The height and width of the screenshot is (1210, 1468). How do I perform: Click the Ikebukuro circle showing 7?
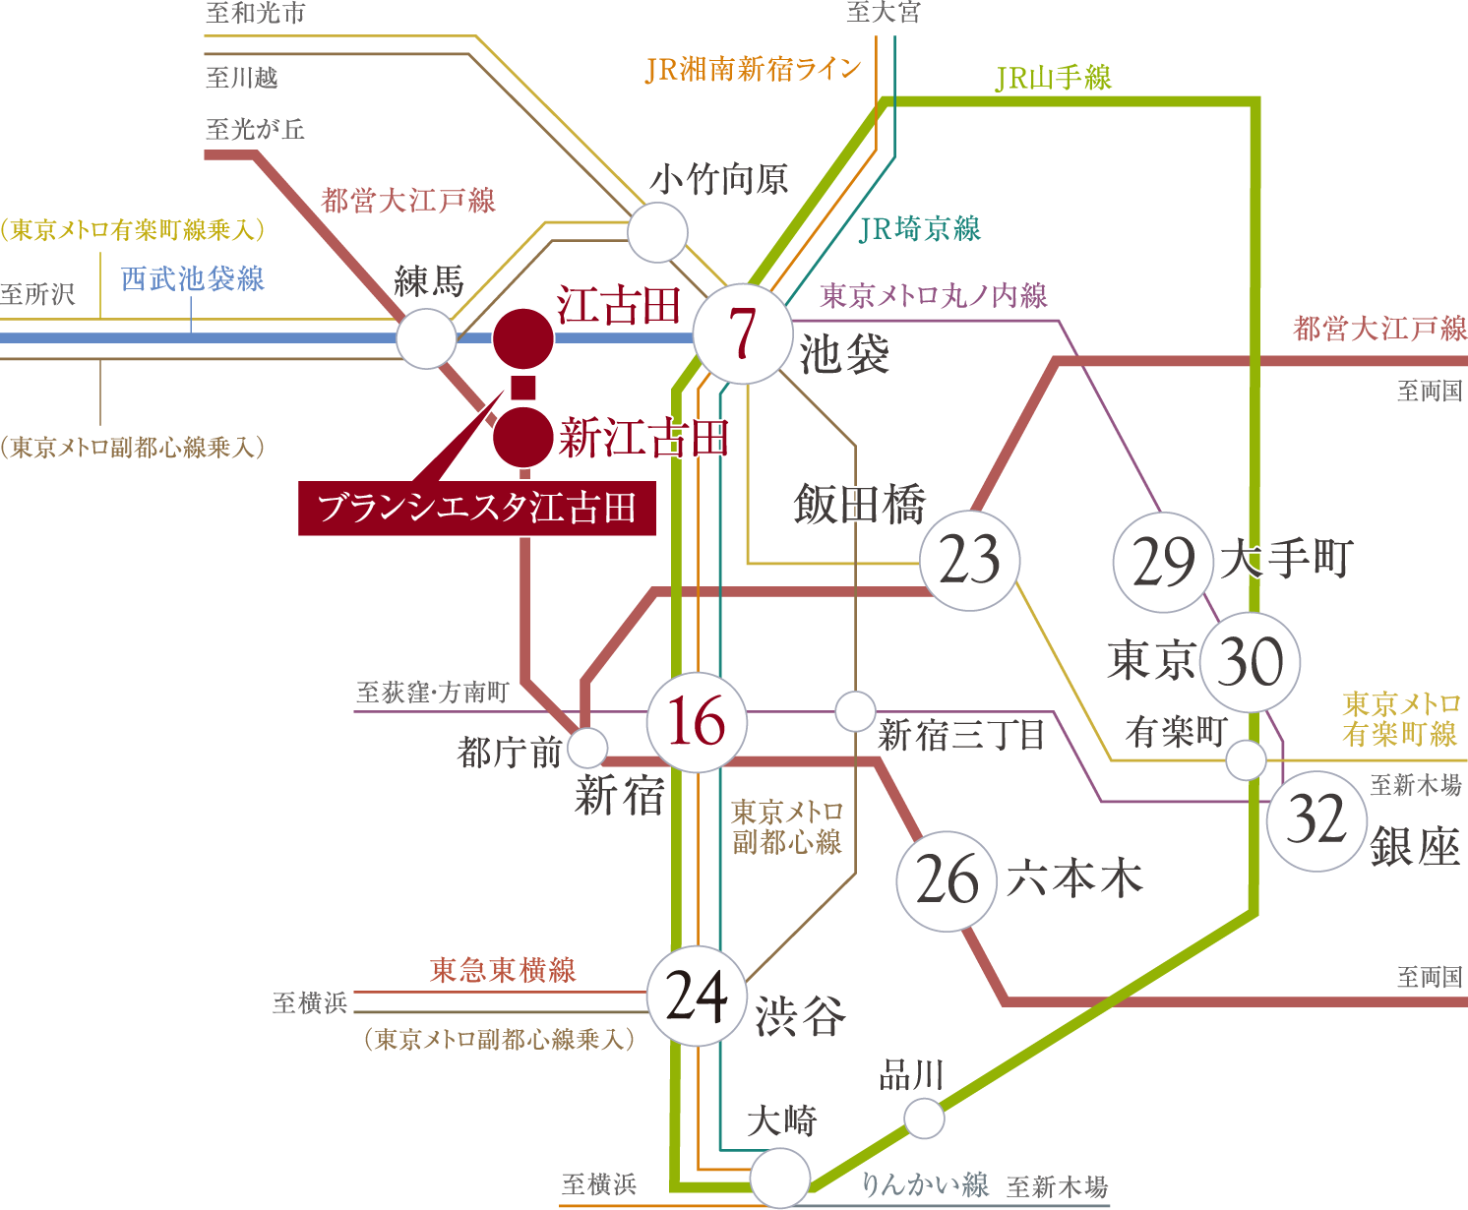[x=743, y=334]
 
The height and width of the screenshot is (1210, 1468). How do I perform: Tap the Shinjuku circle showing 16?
[x=697, y=722]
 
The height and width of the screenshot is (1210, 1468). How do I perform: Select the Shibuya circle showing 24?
[x=697, y=997]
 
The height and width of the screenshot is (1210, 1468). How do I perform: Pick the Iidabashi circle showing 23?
[x=969, y=561]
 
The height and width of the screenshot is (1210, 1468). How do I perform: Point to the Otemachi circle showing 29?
[x=1163, y=563]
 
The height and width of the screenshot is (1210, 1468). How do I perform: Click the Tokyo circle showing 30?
[x=1250, y=662]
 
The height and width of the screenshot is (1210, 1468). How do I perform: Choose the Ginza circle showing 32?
[x=1316, y=819]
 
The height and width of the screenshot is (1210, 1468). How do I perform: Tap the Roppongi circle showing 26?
[x=948, y=879]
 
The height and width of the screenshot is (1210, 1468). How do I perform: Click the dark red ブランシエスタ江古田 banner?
[x=477, y=509]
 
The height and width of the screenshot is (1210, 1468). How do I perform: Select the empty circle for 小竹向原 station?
[x=657, y=232]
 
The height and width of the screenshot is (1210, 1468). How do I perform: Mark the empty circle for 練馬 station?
[x=426, y=338]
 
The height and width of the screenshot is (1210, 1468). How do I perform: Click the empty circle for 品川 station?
[x=924, y=1119]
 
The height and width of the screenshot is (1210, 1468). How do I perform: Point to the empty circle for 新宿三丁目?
[x=855, y=710]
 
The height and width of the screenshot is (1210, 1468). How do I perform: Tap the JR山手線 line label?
[x=1053, y=78]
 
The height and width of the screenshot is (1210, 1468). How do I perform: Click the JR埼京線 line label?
[x=920, y=229]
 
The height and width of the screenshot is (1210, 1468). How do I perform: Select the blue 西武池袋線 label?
[x=193, y=279]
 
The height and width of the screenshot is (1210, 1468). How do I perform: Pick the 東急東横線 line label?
[x=503, y=971]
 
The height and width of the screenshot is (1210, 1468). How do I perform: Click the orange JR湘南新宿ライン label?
[x=753, y=70]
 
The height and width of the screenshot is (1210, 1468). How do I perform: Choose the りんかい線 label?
[x=925, y=1184]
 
